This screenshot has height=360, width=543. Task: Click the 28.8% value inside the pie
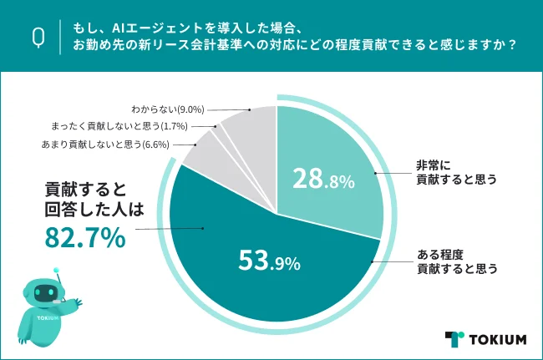click(x=322, y=179)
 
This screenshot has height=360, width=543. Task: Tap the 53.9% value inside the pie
click(x=267, y=263)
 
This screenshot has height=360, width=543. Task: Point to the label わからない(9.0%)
click(x=168, y=109)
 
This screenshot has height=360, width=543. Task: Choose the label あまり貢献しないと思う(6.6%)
click(x=105, y=144)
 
